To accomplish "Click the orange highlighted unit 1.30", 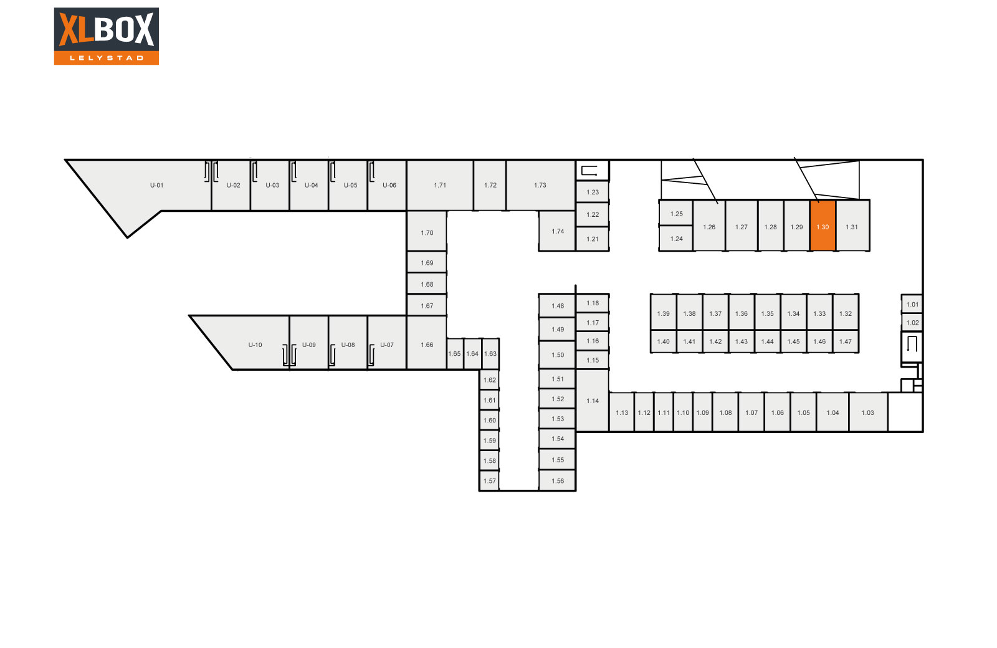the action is pos(823,226).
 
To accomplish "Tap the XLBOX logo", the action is pos(106,36).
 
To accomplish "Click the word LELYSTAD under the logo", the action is pos(106,58).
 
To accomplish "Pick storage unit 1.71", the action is pos(440,185).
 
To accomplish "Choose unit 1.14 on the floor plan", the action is pos(593,401).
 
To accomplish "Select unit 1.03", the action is pos(868,412).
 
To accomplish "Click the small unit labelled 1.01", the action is pos(912,304).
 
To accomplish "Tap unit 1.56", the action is pos(558,481).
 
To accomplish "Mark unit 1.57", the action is pos(490,481).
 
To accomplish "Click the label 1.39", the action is pos(663,313).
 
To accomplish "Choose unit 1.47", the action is pos(846,341).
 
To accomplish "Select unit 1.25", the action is pos(676,213).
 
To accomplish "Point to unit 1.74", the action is pos(558,231).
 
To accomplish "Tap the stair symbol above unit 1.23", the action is pos(589,170).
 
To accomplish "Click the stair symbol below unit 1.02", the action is pos(912,344).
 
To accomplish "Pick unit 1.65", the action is pos(455,354).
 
